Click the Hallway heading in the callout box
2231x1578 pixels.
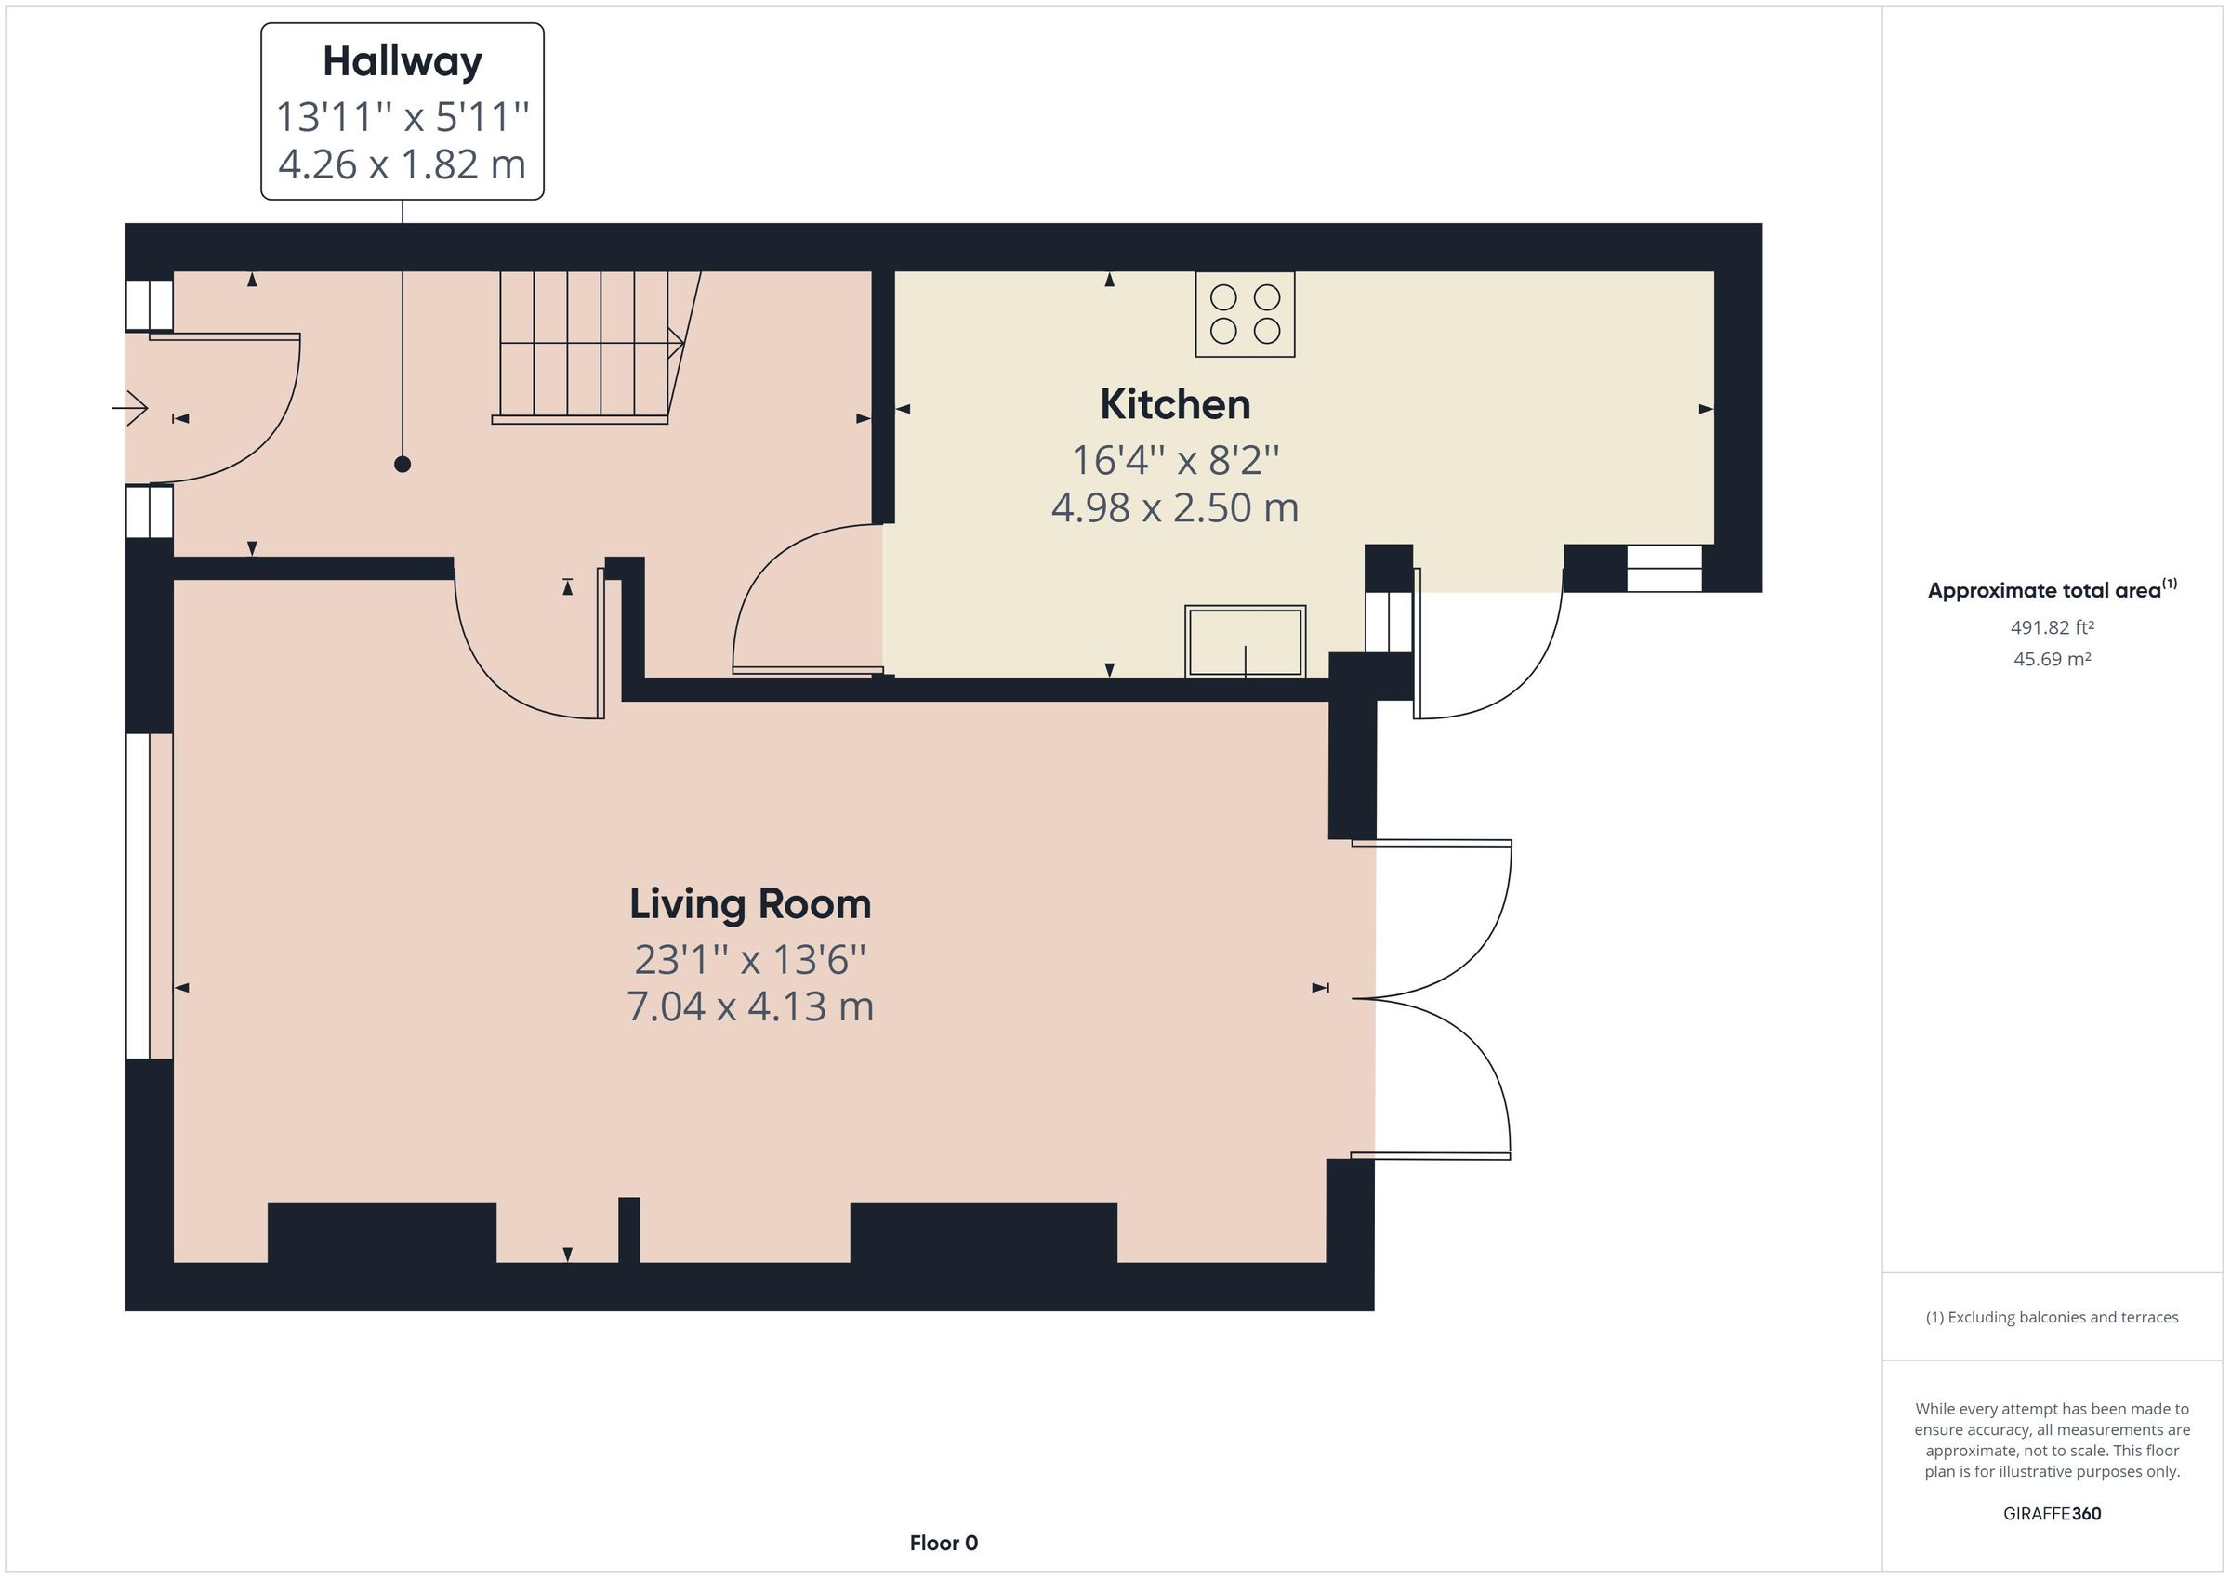coord(403,62)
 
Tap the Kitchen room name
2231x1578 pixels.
coord(1175,405)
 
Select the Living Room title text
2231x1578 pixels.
coord(750,904)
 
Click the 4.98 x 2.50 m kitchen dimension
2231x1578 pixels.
coord(1175,508)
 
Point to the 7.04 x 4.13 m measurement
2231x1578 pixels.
coord(750,1006)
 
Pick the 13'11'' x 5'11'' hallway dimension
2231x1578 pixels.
coord(403,118)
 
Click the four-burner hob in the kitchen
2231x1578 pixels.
coord(1245,314)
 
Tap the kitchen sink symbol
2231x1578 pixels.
coord(1245,641)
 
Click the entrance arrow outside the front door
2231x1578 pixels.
coord(130,408)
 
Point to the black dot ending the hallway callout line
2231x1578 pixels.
coord(403,465)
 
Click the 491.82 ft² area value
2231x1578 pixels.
coord(2052,627)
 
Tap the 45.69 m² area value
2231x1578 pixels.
coord(2052,659)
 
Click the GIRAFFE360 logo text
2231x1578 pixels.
coord(2052,1513)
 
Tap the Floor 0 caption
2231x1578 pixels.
coord(944,1543)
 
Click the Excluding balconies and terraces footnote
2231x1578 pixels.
coord(2052,1318)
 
